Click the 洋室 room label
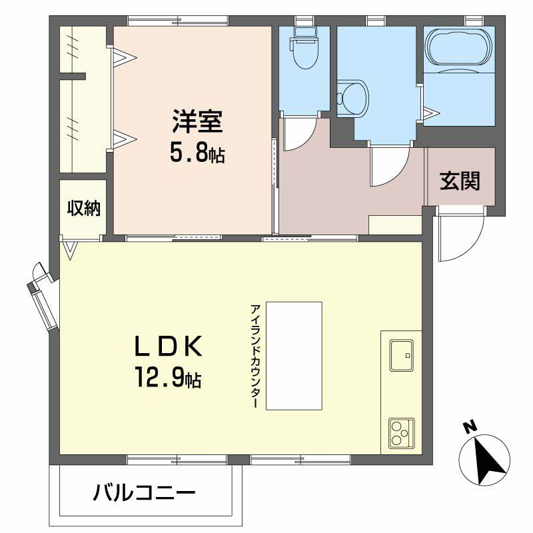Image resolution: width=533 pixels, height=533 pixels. (x=197, y=121)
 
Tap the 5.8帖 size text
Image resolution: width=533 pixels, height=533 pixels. (x=197, y=155)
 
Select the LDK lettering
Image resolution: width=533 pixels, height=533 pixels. (x=169, y=346)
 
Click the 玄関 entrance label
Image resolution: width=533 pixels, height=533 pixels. (x=460, y=181)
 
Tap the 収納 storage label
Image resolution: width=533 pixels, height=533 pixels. (x=84, y=208)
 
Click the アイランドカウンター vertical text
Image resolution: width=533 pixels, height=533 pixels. (x=255, y=356)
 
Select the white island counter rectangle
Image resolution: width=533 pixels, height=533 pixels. (x=294, y=356)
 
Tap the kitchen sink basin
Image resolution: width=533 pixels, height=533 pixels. (x=402, y=355)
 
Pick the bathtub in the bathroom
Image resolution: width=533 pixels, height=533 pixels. (x=458, y=47)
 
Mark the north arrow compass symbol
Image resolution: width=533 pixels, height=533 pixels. (x=484, y=460)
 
